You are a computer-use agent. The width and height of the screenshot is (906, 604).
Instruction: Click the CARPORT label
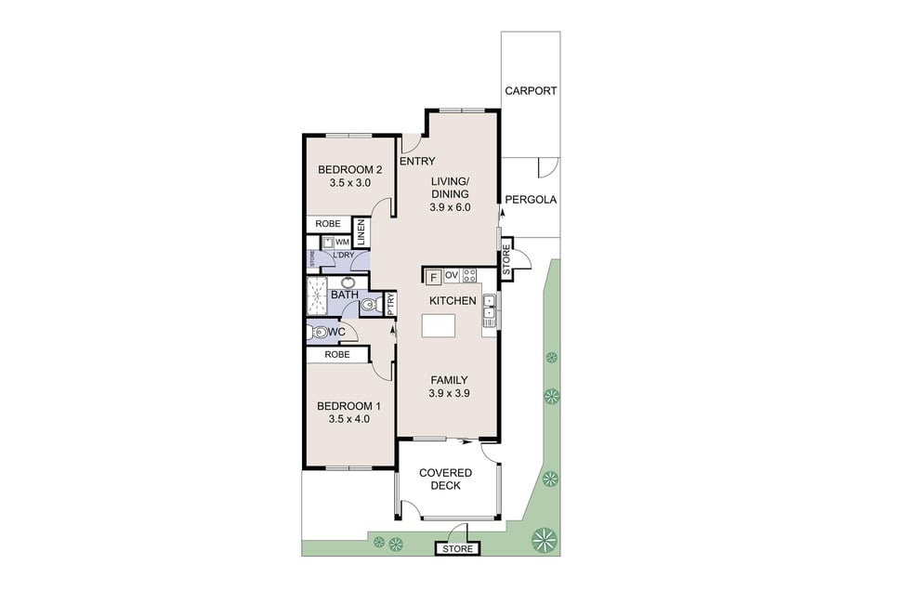click(531, 91)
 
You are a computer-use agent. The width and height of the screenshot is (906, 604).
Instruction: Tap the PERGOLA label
click(531, 200)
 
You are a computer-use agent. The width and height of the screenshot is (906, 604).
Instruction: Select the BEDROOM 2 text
click(349, 170)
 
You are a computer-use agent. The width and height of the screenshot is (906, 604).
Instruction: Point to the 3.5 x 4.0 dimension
click(349, 419)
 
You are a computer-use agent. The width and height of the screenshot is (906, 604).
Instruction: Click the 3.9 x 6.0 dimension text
click(450, 207)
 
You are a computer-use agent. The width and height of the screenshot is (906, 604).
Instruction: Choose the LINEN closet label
click(361, 232)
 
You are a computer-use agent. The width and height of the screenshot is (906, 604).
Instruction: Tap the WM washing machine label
click(341, 243)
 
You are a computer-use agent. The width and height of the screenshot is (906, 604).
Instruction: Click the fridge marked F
click(433, 278)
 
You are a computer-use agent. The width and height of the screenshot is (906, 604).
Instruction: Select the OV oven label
click(452, 276)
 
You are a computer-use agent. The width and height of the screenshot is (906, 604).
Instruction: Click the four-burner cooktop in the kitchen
click(469, 276)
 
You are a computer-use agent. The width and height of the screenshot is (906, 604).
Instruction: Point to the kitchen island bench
click(439, 325)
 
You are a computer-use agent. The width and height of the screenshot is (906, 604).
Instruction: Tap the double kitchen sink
click(489, 309)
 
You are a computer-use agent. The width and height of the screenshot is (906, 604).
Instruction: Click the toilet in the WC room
click(318, 333)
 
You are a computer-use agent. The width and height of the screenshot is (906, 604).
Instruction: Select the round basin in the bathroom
click(348, 282)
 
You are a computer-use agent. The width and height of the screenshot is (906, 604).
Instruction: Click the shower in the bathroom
click(317, 296)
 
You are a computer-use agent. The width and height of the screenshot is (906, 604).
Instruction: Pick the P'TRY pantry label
click(390, 304)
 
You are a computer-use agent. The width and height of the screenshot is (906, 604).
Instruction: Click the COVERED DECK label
click(445, 479)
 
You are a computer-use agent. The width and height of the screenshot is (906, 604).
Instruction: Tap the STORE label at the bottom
click(457, 548)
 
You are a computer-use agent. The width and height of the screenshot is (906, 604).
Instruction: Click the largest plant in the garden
click(544, 540)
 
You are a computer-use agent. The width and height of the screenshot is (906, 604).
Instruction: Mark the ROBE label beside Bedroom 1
click(337, 354)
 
